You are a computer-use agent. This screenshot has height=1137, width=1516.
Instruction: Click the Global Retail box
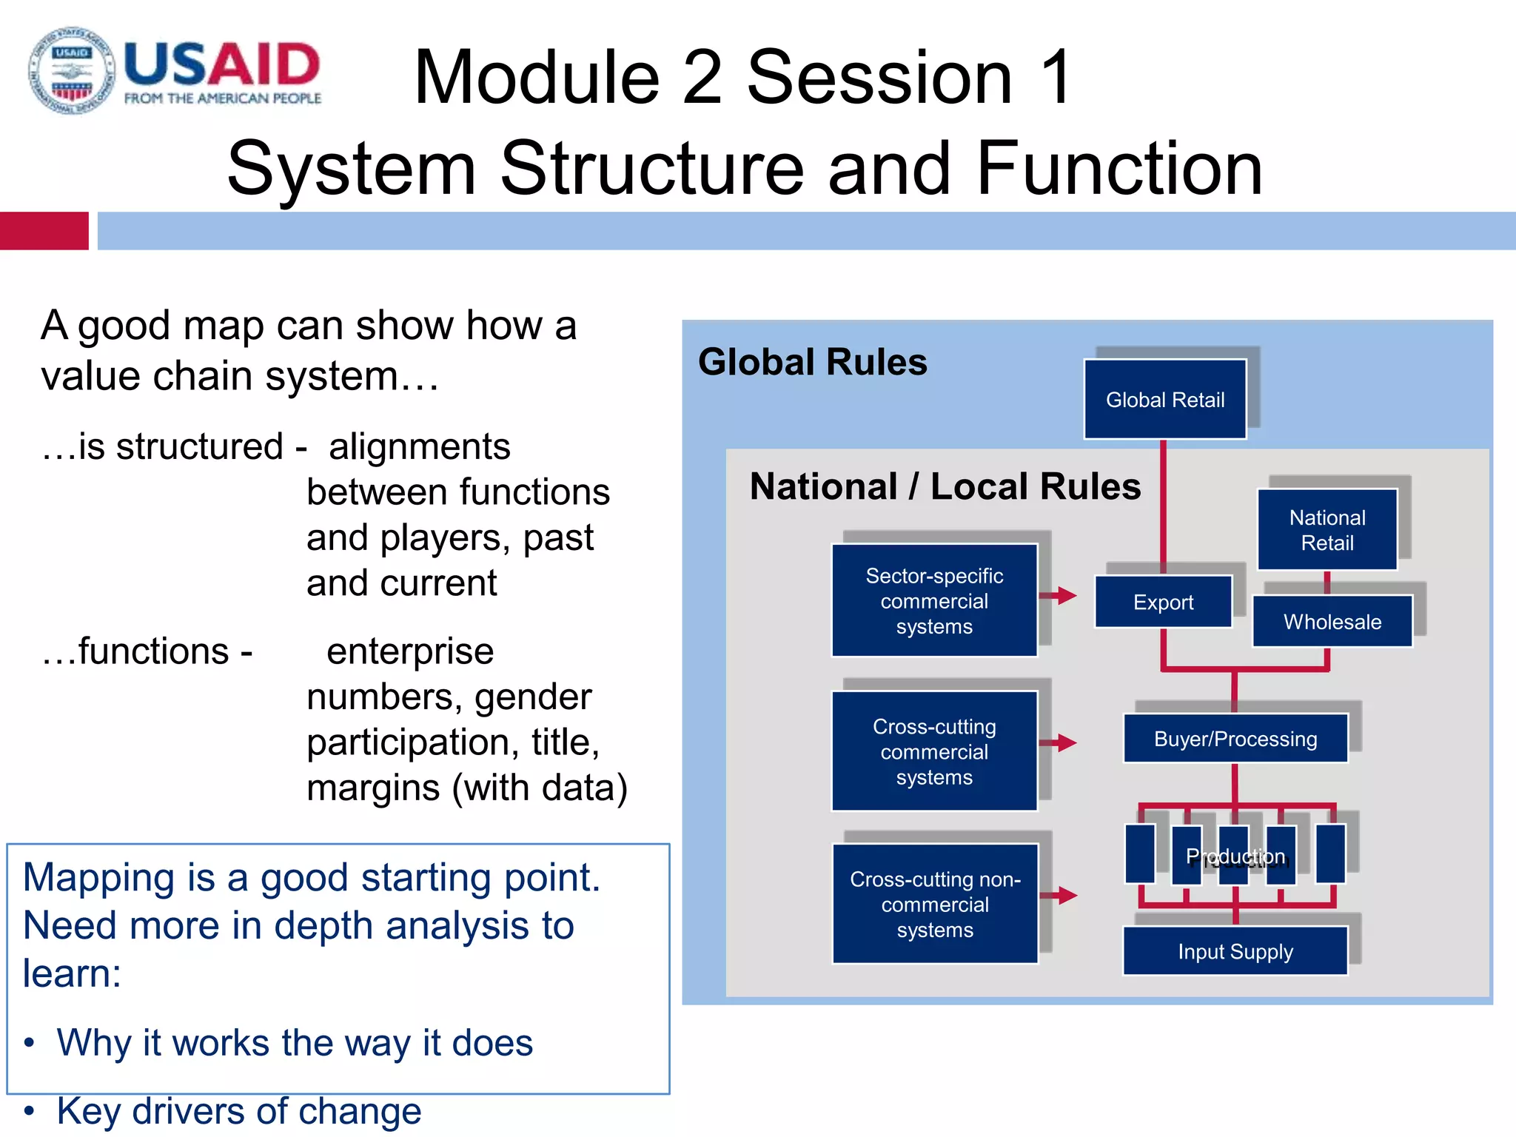pos(1164,400)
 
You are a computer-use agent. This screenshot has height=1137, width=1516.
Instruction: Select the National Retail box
pos(1326,530)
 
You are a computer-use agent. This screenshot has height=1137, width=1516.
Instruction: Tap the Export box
pos(1163,602)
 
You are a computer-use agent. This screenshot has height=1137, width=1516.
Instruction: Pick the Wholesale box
pos(1332,622)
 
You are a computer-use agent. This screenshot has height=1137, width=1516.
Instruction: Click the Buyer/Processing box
pos(1235,739)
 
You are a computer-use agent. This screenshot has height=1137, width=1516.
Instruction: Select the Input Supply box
pos(1235,951)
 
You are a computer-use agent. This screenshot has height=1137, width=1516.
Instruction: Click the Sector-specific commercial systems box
pos(933,600)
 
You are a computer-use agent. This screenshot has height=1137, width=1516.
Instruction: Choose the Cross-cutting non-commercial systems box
pos(934,904)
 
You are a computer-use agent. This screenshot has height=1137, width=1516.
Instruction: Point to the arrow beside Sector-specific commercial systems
pos(1059,595)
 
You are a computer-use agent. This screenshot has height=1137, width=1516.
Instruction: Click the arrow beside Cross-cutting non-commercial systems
pos(1059,896)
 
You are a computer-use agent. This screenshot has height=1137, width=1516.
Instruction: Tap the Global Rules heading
pos(812,362)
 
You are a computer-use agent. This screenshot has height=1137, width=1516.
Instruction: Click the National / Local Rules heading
pos(945,486)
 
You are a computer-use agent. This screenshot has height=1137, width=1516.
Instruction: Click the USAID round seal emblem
pos(72,71)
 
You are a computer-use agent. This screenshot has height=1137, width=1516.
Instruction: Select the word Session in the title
pos(879,77)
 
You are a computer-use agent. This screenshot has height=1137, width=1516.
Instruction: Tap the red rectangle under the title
pos(44,231)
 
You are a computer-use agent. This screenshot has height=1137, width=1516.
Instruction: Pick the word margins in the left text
pos(373,788)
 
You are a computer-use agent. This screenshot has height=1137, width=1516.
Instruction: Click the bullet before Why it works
pos(29,1043)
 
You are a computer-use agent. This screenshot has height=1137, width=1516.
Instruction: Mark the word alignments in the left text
pos(419,447)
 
